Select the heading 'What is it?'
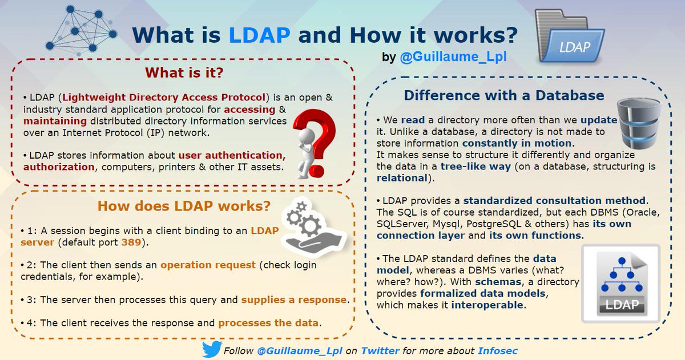[x=183, y=72]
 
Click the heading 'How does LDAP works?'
[x=184, y=205]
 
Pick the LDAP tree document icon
[x=620, y=282]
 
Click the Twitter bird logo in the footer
[x=211, y=350]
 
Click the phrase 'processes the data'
[x=268, y=323]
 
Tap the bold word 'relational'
[x=402, y=177]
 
